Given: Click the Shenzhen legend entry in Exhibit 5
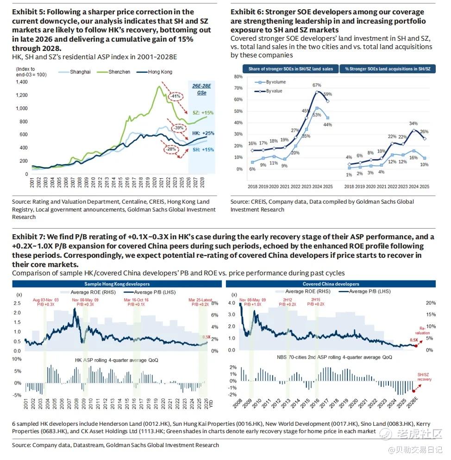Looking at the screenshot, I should (119, 72).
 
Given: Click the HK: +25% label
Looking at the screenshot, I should (203, 133).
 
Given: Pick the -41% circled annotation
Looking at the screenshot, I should (176, 96).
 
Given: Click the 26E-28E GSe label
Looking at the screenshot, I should (201, 89).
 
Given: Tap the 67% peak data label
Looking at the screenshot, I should (317, 85).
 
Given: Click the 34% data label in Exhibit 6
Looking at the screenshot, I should (413, 124).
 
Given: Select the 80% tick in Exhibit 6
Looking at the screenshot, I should (238, 77).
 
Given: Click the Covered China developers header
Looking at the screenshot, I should (331, 284).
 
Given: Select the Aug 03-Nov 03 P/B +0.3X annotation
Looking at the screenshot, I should (45, 302).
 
